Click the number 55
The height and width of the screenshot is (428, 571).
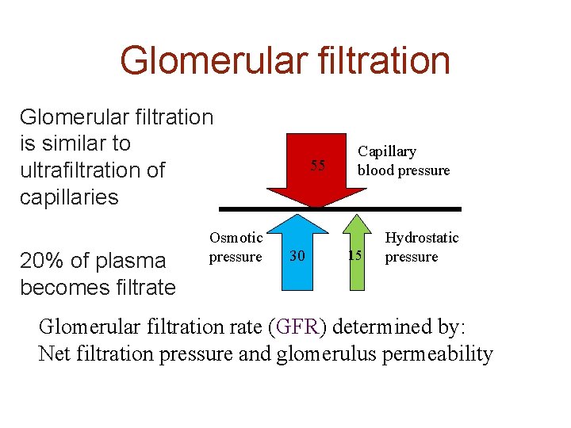[x=318, y=166]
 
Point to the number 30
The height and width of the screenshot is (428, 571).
[x=297, y=255]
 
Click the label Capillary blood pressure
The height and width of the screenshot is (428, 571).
[x=403, y=161]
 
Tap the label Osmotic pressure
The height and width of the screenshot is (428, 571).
[x=236, y=247]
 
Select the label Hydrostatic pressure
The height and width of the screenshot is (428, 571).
[x=421, y=247]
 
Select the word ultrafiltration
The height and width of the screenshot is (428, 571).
[x=92, y=170]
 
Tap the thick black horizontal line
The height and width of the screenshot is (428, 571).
[x=339, y=209]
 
